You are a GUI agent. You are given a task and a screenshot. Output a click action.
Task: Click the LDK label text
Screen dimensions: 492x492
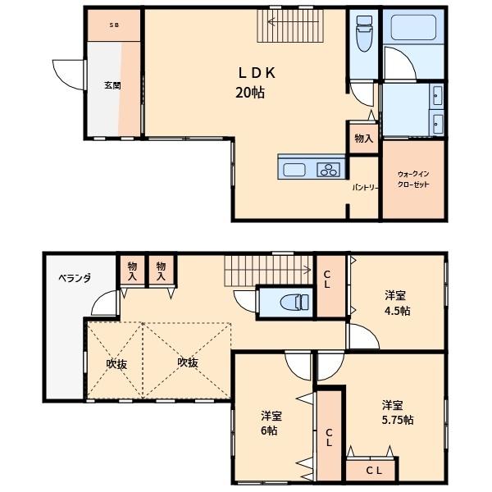257,73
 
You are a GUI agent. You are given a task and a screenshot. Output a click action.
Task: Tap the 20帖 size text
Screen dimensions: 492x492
250,93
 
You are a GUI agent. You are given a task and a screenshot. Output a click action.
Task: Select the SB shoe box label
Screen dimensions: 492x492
114,25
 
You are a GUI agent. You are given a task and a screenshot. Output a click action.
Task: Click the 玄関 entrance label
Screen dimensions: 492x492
112,85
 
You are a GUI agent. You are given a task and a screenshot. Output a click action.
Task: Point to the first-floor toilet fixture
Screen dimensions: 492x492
364,34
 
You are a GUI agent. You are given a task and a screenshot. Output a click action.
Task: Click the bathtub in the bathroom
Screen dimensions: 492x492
413,28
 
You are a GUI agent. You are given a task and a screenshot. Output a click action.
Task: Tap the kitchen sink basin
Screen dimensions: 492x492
294,170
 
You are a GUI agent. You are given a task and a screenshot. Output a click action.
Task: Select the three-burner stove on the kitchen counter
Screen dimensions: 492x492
329,170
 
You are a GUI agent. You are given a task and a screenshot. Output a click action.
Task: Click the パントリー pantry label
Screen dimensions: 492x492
365,188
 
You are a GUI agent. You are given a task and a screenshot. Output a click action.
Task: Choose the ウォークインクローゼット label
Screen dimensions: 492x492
413,179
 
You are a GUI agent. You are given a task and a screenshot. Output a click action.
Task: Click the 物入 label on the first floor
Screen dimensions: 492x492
363,139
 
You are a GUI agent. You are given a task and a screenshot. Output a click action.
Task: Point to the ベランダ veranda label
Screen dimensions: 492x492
75,278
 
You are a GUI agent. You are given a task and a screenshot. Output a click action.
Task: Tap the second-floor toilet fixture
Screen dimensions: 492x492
294,303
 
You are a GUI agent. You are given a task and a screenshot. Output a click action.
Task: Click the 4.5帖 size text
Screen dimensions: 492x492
397,311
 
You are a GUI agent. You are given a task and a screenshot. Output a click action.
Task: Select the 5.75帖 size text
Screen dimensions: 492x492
398,420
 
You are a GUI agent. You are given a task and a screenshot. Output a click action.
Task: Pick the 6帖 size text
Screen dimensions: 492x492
269,430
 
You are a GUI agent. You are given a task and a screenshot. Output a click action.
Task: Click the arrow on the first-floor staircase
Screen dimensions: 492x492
293,21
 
